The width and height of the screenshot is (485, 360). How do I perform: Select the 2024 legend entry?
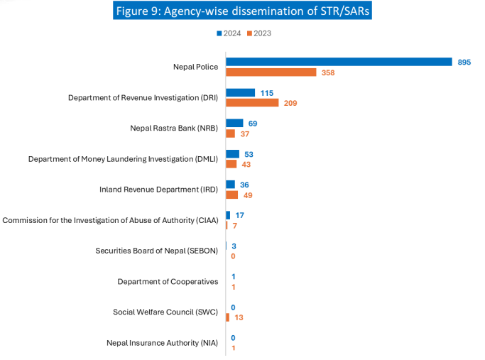point(229,33)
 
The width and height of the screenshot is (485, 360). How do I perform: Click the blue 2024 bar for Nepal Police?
point(339,62)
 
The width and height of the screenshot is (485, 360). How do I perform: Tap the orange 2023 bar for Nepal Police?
point(271,72)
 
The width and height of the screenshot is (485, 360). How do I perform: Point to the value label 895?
point(464,62)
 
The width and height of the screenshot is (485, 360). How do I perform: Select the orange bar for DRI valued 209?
point(252,103)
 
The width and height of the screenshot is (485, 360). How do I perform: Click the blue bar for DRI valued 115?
point(240,92)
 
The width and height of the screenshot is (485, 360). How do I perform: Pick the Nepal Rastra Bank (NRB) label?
point(174,129)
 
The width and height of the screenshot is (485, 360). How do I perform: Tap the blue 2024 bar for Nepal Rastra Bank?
point(234,124)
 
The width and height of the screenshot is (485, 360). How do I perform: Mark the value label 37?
point(245,134)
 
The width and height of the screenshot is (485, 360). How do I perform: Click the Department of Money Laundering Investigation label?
point(123,159)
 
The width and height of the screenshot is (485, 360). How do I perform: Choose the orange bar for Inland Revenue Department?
point(232,195)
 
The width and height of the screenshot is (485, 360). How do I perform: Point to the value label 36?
point(244,185)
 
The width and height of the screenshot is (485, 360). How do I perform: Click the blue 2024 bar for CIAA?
point(228,215)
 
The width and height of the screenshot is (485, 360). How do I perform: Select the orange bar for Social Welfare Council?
point(227,317)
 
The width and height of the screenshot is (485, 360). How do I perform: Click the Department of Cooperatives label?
point(168,281)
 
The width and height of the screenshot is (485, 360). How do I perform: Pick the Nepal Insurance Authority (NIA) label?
point(163,343)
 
